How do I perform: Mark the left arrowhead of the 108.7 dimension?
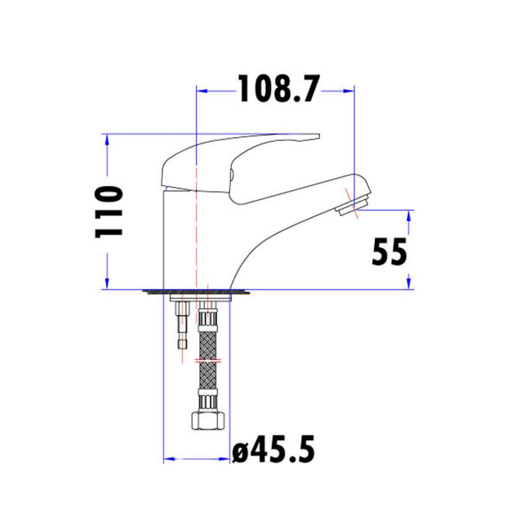click(201, 89)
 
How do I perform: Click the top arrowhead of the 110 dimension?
click(107, 139)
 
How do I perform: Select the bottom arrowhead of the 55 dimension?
click(409, 284)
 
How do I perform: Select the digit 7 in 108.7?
click(308, 89)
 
